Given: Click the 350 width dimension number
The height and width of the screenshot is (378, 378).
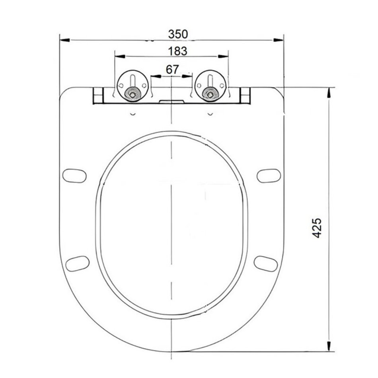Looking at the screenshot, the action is click(x=178, y=34).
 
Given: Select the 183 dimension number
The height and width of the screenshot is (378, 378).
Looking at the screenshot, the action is click(x=178, y=51).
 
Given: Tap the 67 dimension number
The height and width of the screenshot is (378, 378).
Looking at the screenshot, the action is click(x=172, y=70).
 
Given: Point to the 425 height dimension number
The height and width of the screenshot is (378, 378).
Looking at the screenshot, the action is click(x=317, y=228).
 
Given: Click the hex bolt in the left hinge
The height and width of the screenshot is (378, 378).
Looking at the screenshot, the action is click(x=132, y=94).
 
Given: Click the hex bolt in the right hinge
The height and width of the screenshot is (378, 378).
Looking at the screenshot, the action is click(x=210, y=94).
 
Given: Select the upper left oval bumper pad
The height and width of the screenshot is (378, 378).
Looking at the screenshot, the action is click(x=74, y=176).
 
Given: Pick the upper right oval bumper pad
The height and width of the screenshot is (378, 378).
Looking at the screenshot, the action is click(x=269, y=176).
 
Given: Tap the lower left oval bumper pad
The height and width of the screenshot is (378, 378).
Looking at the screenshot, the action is click(x=77, y=264).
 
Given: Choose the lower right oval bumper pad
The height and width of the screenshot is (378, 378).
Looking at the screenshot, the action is click(x=266, y=264).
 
